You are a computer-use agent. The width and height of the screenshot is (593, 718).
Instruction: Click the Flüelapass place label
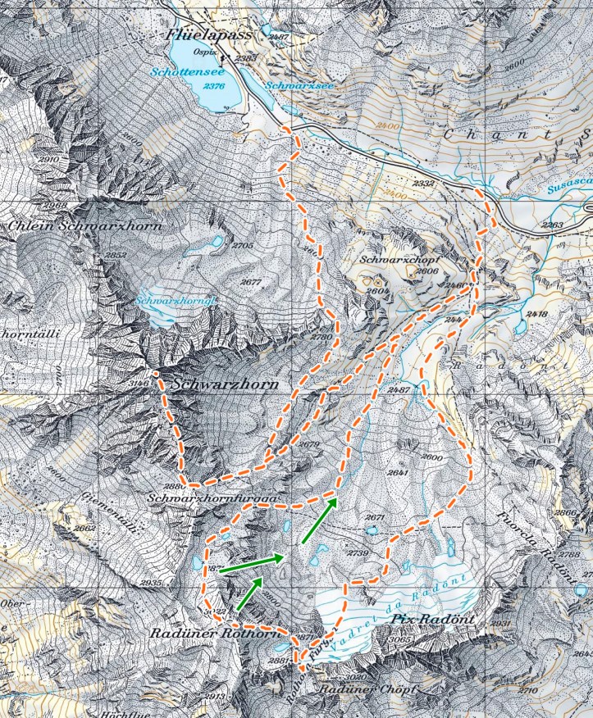[202, 35]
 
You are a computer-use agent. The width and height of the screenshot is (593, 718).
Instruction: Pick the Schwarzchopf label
[402, 259]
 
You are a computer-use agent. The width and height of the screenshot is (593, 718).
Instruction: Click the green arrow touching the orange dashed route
[320, 520]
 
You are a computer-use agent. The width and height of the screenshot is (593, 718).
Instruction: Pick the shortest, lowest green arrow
[249, 593]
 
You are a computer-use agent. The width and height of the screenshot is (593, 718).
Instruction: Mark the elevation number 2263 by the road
[553, 225]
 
